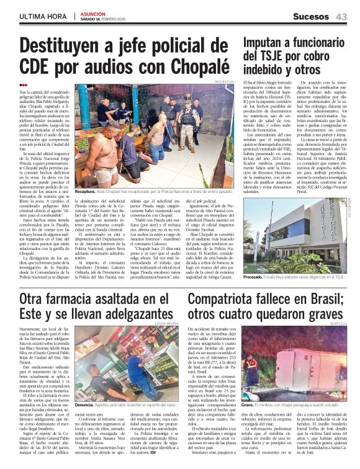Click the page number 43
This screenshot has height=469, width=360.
click(x=341, y=17)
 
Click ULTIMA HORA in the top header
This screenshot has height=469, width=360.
click(x=42, y=17)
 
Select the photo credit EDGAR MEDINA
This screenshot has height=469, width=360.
click(x=168, y=323)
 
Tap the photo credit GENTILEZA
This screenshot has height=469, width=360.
click(x=338, y=323)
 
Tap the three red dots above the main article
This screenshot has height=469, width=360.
click(x=23, y=85)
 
